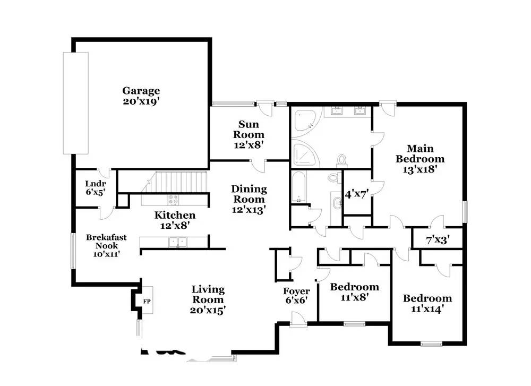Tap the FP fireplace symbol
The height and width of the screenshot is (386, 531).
click(x=147, y=301)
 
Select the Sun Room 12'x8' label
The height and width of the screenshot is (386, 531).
click(x=249, y=134)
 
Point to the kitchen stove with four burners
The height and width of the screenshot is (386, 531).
click(x=174, y=200)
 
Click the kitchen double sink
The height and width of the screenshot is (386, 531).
click(x=178, y=242)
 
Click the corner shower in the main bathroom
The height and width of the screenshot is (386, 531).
click(x=306, y=155)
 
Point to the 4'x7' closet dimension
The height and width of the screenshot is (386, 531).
click(x=356, y=194)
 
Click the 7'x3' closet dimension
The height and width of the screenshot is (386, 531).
click(x=438, y=240)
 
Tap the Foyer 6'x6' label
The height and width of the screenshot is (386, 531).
click(x=296, y=296)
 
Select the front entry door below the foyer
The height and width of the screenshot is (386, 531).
click(x=298, y=320)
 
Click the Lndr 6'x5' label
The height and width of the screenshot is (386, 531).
click(x=96, y=188)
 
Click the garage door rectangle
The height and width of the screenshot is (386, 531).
click(x=76, y=103)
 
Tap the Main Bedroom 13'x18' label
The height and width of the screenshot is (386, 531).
click(x=420, y=159)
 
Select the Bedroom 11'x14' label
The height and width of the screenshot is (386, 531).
click(x=427, y=303)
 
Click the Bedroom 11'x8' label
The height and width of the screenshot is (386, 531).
click(x=354, y=292)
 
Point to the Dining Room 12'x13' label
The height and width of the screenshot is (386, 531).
click(x=249, y=200)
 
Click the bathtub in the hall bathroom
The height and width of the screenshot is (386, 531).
click(x=299, y=187)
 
